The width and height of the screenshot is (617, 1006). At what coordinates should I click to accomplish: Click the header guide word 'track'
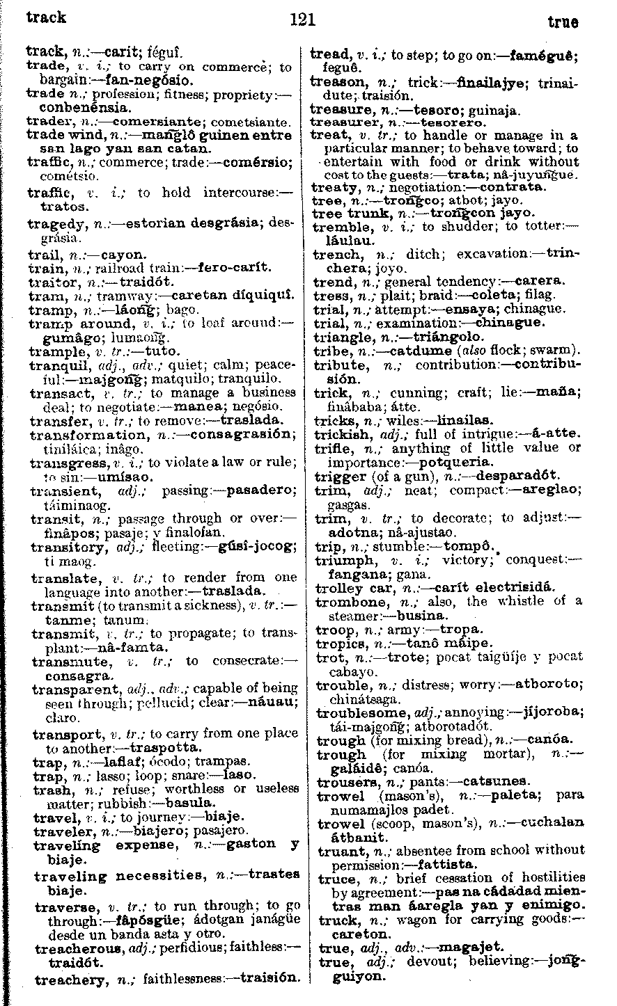46,17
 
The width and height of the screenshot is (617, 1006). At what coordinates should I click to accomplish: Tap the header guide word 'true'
563,22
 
